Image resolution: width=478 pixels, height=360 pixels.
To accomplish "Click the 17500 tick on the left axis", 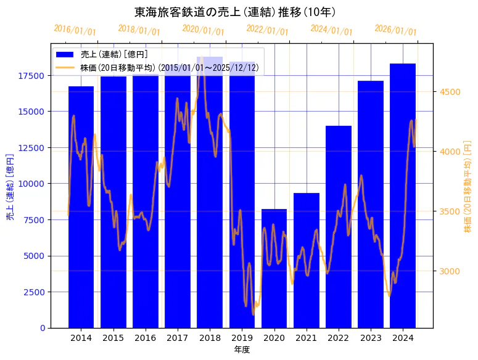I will click(x=31, y=76).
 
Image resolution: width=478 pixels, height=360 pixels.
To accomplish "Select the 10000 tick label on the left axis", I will click(x=31, y=184).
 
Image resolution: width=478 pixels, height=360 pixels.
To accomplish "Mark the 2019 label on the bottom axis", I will click(x=242, y=338).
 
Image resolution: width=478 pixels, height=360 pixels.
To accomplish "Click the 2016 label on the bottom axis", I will click(x=145, y=338).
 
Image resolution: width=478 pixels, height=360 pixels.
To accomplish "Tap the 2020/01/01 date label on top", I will click(x=204, y=30).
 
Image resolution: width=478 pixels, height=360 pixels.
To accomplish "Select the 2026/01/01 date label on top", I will click(x=396, y=31).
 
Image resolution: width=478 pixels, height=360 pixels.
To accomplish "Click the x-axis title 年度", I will click(x=242, y=350).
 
